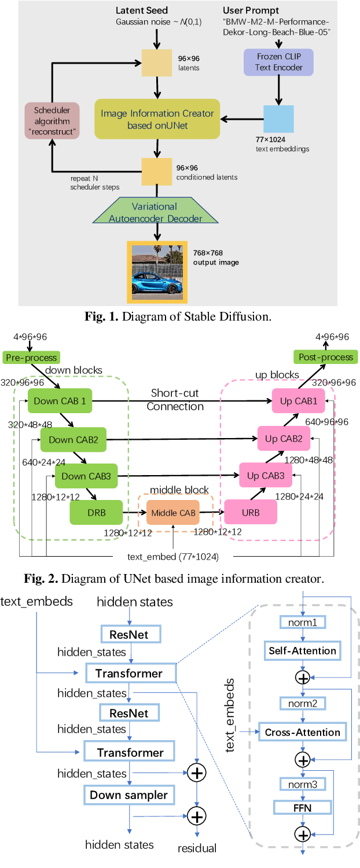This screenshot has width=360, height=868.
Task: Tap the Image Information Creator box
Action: click(157, 119)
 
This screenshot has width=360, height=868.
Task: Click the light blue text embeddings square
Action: click(279, 119)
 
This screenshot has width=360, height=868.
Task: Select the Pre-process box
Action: click(31, 357)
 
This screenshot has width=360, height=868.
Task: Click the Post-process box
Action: click(325, 357)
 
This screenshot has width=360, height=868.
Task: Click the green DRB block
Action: click(96, 512)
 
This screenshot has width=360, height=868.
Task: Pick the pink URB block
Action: click(251, 512)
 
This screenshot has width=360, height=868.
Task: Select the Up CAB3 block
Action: click(266, 476)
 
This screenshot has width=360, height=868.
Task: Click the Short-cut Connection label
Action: click(175, 400)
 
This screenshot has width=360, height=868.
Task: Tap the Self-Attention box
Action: click(302, 650)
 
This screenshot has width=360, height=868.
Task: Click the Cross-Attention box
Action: click(302, 732)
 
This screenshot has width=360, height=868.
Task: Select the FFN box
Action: click(302, 807)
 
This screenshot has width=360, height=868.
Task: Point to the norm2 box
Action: click(302, 704)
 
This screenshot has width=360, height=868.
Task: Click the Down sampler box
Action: click(128, 795)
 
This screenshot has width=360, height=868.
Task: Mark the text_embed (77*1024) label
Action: click(172, 557)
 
